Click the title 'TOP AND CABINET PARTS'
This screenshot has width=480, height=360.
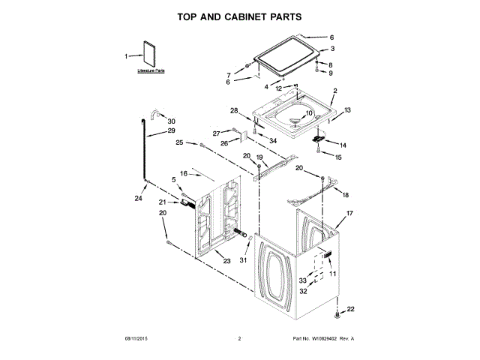tap(239, 15)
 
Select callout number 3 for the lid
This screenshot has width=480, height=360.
tap(331, 50)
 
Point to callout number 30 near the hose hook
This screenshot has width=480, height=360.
tap(172, 121)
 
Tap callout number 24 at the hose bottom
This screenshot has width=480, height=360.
tap(137, 199)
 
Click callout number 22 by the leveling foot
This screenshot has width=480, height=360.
tap(349, 310)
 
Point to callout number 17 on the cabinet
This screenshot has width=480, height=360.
tap(349, 214)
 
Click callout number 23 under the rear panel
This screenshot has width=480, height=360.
tap(226, 261)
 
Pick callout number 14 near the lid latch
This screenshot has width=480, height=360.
tap(343, 145)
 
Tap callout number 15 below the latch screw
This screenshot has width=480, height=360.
tap(338, 157)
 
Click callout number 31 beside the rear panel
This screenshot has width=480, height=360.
tap(243, 260)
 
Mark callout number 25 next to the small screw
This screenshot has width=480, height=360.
tap(180, 142)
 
